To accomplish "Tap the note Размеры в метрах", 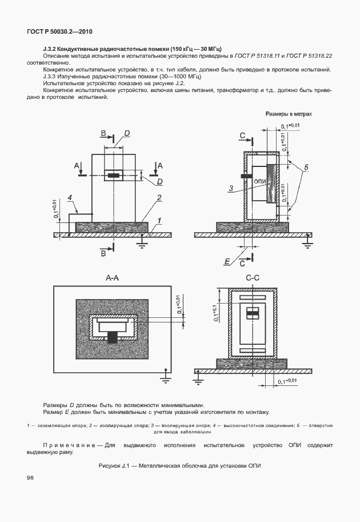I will [x=289, y=114].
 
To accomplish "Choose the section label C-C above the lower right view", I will [x=253, y=278].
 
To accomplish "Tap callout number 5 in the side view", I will [x=306, y=167].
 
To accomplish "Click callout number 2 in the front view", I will [x=159, y=198].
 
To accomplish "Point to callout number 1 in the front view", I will [x=159, y=220].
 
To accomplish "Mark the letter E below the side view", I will [x=227, y=261].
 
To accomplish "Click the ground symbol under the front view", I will [x=140, y=242].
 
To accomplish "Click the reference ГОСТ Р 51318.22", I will [x=309, y=56].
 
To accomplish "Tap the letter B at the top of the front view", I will [x=103, y=134].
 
